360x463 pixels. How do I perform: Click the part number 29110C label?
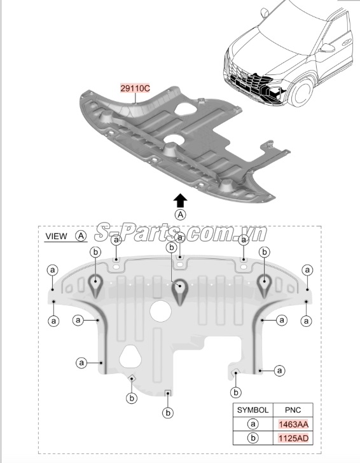coord(135,88)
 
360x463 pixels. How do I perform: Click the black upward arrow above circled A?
coord(180,200)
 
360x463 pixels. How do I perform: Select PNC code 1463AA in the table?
coord(293,424)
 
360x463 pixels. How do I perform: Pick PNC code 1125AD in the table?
coord(293,438)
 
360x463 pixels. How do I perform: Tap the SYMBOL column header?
coord(253,410)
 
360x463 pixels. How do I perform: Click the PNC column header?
coord(293,410)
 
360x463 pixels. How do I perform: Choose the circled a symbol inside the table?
coord(253,424)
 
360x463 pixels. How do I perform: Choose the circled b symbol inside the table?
coord(253,438)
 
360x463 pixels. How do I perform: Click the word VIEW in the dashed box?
coord(57,236)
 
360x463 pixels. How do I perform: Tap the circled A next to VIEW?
coord(81,236)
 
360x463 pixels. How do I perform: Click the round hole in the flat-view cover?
coord(160,311)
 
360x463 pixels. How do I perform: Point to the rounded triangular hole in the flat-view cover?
coord(130,356)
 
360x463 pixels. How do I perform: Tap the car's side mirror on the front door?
coord(327,48)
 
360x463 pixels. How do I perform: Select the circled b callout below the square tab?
coord(168,413)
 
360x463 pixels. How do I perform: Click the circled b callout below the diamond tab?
coord(132,398)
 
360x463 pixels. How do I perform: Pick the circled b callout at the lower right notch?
coord(236,392)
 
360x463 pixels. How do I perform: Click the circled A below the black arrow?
coord(181,215)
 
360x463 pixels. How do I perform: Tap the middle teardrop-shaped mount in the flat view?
coord(180,291)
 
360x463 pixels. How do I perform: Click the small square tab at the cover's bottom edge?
coord(168,393)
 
